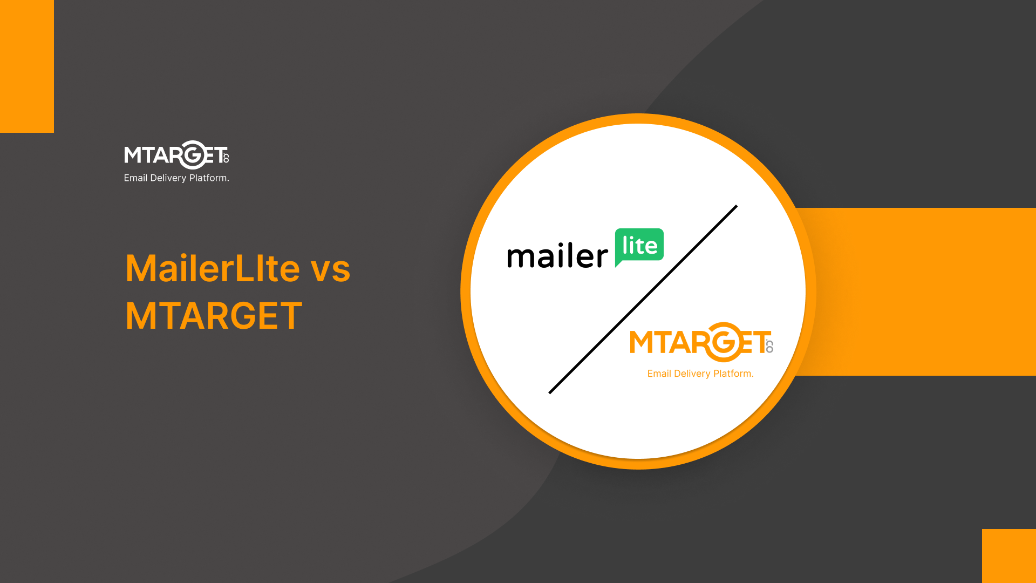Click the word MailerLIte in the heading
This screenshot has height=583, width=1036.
coord(212,268)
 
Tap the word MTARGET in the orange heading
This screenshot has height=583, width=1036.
coord(214,316)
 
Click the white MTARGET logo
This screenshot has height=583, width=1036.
coord(176,155)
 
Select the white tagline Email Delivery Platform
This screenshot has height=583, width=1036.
coord(176,178)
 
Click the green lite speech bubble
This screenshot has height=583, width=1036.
coord(639,246)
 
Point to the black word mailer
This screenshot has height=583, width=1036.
coord(557,256)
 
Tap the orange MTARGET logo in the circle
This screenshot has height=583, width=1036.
coord(701,343)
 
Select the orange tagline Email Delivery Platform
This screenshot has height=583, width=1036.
coord(700,374)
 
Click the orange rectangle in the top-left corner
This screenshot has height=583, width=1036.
coord(27,66)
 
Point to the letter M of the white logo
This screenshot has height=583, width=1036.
coord(133,155)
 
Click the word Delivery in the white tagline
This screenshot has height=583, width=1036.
coord(168,178)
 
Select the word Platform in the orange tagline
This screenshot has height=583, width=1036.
coord(733,374)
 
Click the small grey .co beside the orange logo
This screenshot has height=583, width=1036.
coord(769,346)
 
